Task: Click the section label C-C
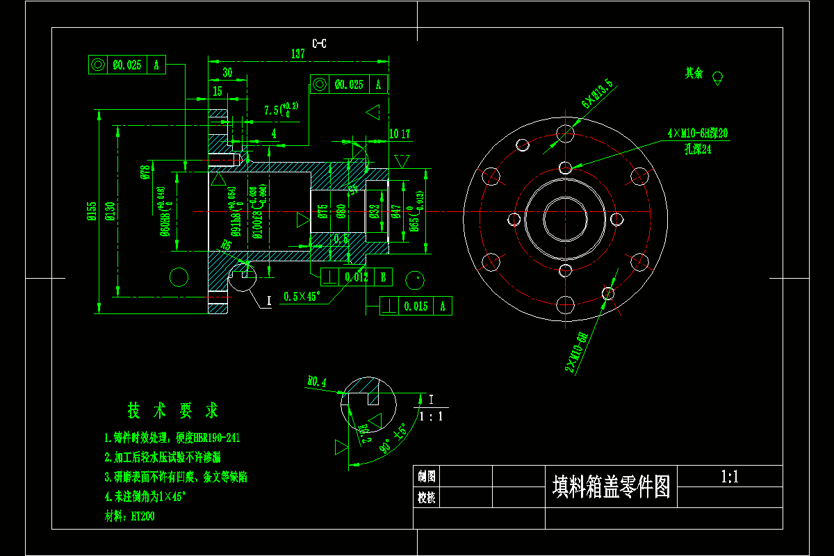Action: pyautogui.click(x=319, y=44)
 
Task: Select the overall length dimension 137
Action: pyautogui.click(x=298, y=54)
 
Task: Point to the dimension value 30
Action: pyautogui.click(x=227, y=72)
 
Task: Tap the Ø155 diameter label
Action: pyautogui.click(x=91, y=211)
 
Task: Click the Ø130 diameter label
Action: pyautogui.click(x=109, y=211)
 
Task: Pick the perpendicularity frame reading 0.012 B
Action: pyautogui.click(x=355, y=277)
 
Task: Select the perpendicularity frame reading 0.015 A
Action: pyautogui.click(x=416, y=306)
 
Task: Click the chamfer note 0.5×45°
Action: pyautogui.click(x=301, y=297)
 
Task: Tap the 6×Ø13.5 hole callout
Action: pyautogui.click(x=597, y=95)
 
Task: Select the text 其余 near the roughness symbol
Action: pyautogui.click(x=694, y=73)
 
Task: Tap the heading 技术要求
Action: pyautogui.click(x=172, y=411)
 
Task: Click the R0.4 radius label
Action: pyautogui.click(x=316, y=382)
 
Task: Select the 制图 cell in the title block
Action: pyautogui.click(x=426, y=476)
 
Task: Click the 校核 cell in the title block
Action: pyautogui.click(x=426, y=498)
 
